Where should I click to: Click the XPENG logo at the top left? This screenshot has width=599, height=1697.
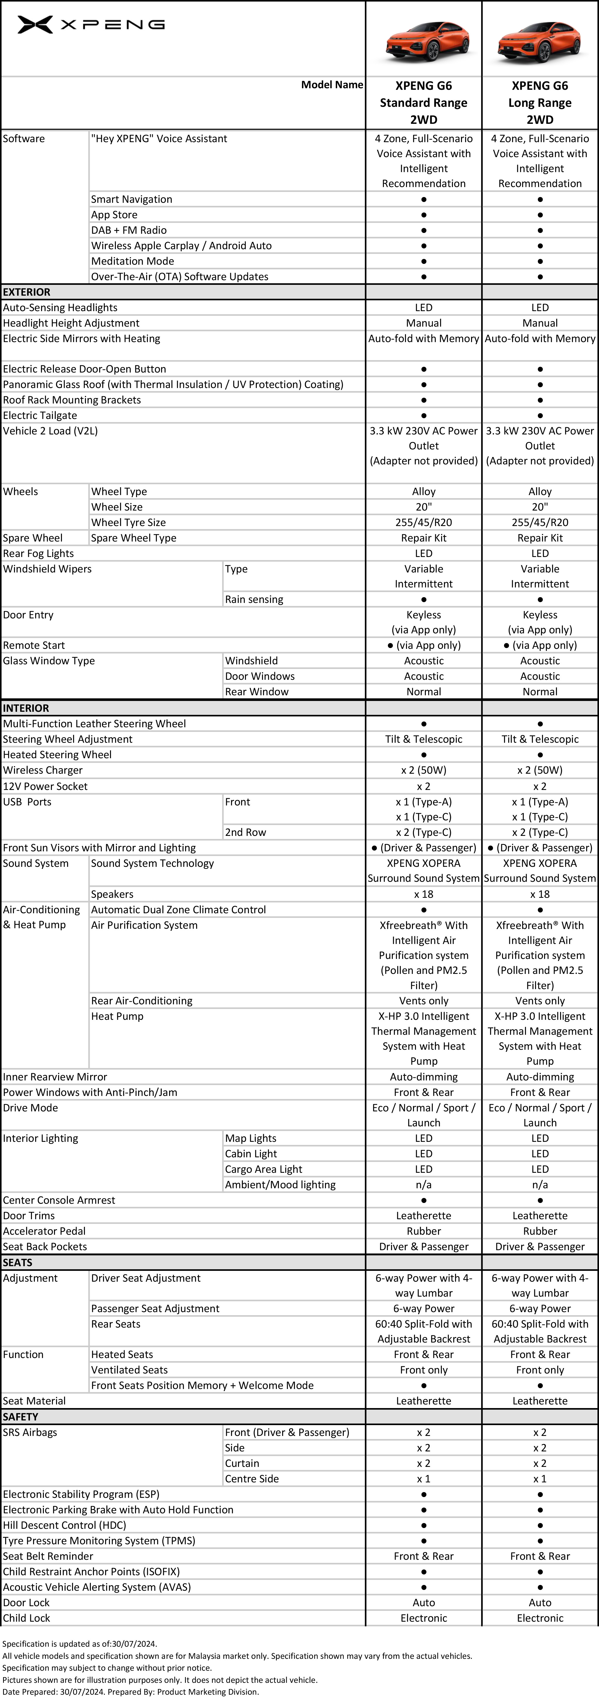pos(91,25)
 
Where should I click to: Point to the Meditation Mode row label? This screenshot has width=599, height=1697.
pos(132,261)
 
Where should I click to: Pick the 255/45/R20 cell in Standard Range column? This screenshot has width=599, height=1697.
pos(424,522)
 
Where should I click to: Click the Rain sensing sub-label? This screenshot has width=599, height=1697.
pos(254,600)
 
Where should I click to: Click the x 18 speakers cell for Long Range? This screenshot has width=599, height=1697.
pos(540,894)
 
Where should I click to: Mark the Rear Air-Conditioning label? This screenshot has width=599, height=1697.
pos(142,1001)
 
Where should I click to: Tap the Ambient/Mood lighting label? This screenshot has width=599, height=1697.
pos(280,1184)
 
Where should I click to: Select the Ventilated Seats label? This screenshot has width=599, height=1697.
pos(129,1370)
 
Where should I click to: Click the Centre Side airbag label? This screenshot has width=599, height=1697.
pos(252,1479)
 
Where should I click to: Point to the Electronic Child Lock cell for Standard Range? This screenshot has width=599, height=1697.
pos(424,1618)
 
